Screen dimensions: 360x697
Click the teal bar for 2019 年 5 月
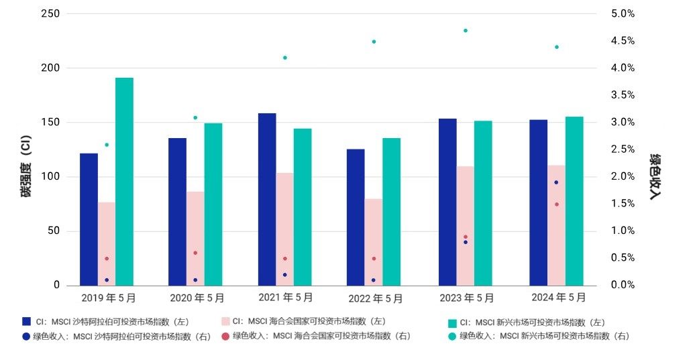[x=124, y=181]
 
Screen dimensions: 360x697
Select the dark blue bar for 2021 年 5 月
[x=267, y=199]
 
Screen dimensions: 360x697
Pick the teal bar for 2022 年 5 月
[x=392, y=211]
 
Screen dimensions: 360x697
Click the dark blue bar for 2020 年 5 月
[x=177, y=211]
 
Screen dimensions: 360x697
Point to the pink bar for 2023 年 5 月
[x=466, y=225]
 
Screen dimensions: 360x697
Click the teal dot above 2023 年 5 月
[x=465, y=31]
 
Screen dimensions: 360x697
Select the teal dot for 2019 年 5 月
[x=107, y=145]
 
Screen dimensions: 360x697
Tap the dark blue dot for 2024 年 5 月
[x=556, y=182]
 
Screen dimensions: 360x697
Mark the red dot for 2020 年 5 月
[x=195, y=253]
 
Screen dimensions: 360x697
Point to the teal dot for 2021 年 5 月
[x=285, y=58]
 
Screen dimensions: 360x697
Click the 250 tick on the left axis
[x=50, y=14]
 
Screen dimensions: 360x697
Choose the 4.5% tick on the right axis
[x=622, y=41]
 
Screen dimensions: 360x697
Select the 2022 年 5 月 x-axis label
[x=376, y=298]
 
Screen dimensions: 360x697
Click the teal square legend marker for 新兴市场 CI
[x=452, y=323]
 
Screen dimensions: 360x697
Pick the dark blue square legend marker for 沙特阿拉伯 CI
[x=26, y=322]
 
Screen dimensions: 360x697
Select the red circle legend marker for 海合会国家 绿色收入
[x=225, y=336]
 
